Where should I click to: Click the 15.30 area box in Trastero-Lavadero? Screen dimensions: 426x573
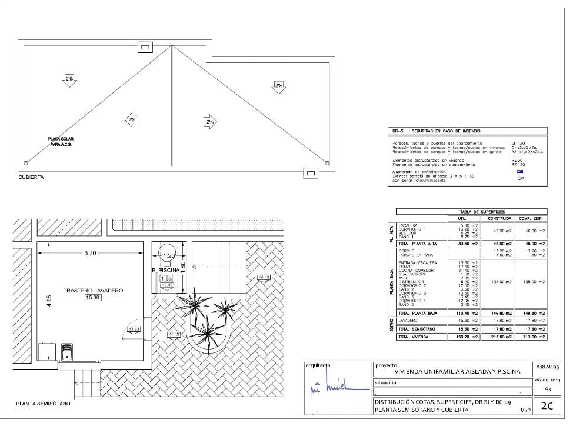point(93,298)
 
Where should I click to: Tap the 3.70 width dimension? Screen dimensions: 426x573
point(90,253)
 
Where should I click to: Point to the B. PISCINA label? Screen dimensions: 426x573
point(168,271)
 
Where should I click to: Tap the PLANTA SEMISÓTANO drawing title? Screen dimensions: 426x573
point(43,404)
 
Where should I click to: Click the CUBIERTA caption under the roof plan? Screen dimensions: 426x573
point(31,177)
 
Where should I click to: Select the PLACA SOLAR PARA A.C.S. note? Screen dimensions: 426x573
point(61,142)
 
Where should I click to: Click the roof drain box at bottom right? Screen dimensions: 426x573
point(310,172)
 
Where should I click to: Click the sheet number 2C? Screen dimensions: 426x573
point(547,405)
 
